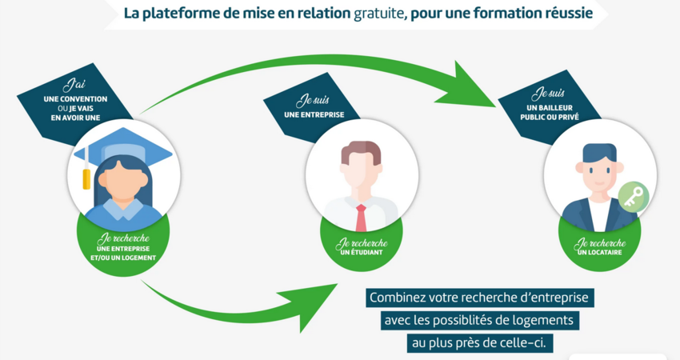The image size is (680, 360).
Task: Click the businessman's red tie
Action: click(x=361, y=218)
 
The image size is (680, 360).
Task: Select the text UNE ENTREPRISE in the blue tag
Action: click(x=314, y=114)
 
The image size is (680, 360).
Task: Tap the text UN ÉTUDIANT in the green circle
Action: click(x=361, y=252)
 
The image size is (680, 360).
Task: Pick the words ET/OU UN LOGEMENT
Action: click(x=122, y=258)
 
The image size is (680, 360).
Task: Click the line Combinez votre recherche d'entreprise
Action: click(x=478, y=298)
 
